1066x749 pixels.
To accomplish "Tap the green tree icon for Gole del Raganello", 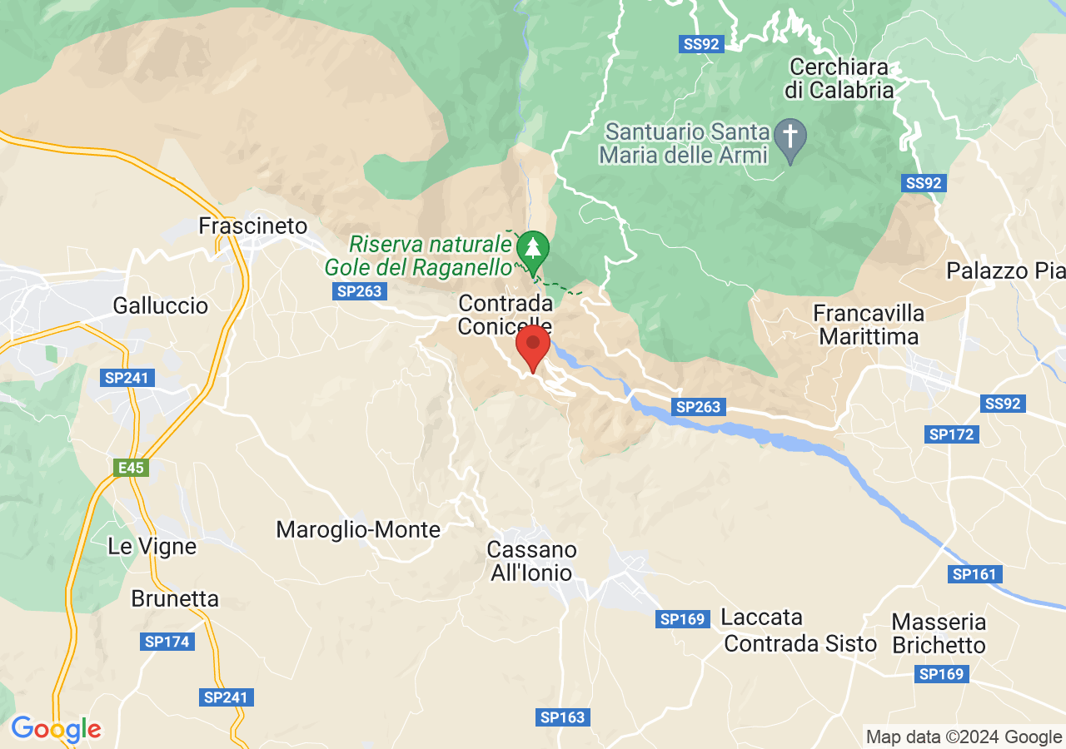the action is click(533, 247).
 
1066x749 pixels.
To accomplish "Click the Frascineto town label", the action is click(253, 226).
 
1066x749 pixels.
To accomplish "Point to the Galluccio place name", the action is click(161, 305).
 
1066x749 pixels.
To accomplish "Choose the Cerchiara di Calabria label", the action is click(839, 78).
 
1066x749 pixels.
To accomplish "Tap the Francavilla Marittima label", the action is click(869, 325).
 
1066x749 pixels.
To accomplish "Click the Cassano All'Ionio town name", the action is click(531, 561).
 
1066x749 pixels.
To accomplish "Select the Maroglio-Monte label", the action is click(358, 529).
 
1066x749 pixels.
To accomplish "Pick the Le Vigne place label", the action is click(152, 547).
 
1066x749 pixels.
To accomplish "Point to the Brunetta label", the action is click(175, 598).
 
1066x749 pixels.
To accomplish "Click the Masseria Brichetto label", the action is click(939, 633).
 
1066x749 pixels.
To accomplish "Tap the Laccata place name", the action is click(762, 618).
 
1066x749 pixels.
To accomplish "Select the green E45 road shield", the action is click(132, 468).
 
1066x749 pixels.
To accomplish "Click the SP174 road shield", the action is click(167, 642).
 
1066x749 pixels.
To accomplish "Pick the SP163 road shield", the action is click(563, 717).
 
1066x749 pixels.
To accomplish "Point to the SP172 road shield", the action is click(951, 434).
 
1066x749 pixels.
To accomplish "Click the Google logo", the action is click(56, 729).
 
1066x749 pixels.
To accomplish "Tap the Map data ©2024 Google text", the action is click(964, 737).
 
